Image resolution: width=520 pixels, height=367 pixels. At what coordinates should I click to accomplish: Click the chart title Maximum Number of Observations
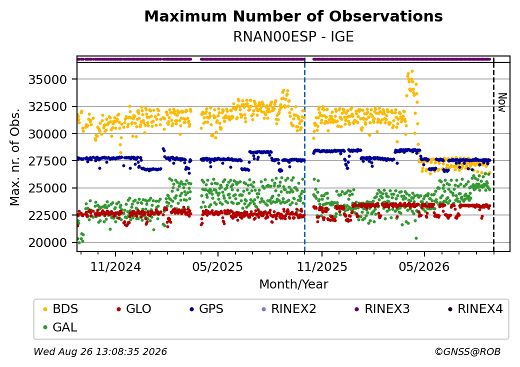click(x=293, y=16)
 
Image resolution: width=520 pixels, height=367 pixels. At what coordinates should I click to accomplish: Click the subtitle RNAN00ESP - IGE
click(x=293, y=36)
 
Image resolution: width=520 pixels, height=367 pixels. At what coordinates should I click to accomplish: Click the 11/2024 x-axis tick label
click(x=115, y=266)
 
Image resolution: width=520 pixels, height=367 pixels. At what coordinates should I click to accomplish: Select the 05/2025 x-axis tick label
click(x=217, y=266)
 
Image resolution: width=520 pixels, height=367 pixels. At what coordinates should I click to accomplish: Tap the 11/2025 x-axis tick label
click(x=321, y=266)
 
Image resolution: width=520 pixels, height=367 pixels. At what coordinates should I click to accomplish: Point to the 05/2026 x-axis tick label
click(x=424, y=266)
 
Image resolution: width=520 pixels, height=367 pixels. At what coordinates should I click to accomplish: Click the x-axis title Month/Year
click(x=293, y=284)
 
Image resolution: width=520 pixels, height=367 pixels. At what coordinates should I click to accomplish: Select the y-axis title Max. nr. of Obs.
click(x=15, y=157)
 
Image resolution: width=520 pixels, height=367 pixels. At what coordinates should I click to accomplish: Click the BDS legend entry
click(x=61, y=309)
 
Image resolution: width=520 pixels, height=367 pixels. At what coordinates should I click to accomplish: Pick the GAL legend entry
click(x=60, y=327)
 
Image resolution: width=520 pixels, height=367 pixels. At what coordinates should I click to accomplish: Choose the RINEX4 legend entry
click(x=475, y=309)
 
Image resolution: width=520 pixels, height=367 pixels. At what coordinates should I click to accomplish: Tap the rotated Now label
click(x=503, y=102)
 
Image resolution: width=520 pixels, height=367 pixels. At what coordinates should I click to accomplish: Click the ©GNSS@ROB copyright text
click(x=467, y=351)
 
